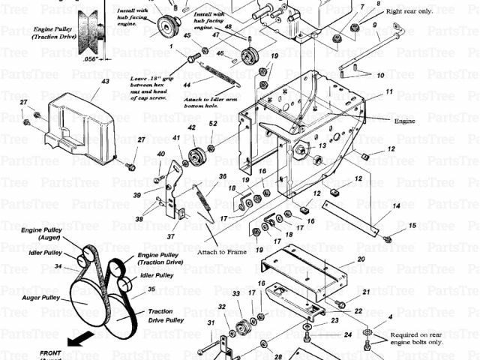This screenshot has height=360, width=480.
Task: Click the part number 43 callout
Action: (105, 81)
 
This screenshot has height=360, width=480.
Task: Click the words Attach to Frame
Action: (223, 252)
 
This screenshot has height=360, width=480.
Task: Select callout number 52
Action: (213, 124)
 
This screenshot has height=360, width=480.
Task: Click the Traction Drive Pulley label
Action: (165, 316)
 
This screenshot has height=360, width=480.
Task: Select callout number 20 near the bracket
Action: (361, 259)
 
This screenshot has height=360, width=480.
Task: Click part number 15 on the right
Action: (412, 225)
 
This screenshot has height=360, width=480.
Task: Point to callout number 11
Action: (389, 91)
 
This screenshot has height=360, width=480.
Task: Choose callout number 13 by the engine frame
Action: (322, 146)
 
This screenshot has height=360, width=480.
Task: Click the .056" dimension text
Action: (92, 58)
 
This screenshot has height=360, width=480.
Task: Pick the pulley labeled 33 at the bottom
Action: (242, 327)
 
